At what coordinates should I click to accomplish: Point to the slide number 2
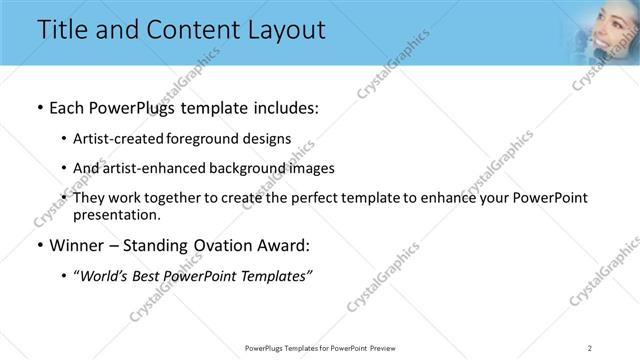590,347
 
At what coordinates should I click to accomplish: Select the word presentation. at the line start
116,214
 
